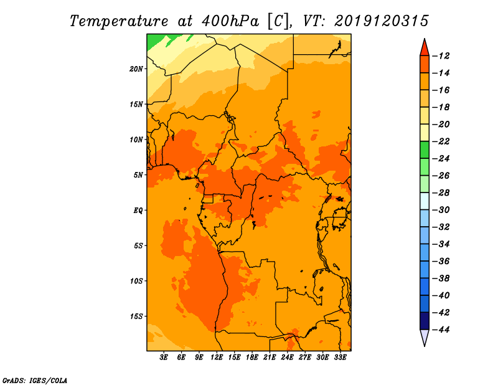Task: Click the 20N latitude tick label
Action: click(136, 69)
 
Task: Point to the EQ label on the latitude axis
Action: click(138, 211)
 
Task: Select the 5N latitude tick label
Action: click(138, 175)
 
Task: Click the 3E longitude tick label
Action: click(164, 357)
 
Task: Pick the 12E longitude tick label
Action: click(217, 357)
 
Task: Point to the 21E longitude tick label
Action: click(270, 357)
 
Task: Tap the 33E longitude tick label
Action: click(340, 357)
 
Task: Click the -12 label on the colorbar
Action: click(441, 56)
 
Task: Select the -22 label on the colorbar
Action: click(441, 141)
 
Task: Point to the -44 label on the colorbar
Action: click(441, 330)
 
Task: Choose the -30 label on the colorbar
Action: click(441, 210)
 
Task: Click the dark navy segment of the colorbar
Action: click(425, 321)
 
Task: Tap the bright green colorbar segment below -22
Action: click(425, 150)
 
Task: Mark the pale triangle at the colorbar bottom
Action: click(425, 337)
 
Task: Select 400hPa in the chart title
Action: click(230, 21)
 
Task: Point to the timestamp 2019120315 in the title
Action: click(382, 21)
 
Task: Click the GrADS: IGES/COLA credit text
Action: click(35, 380)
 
